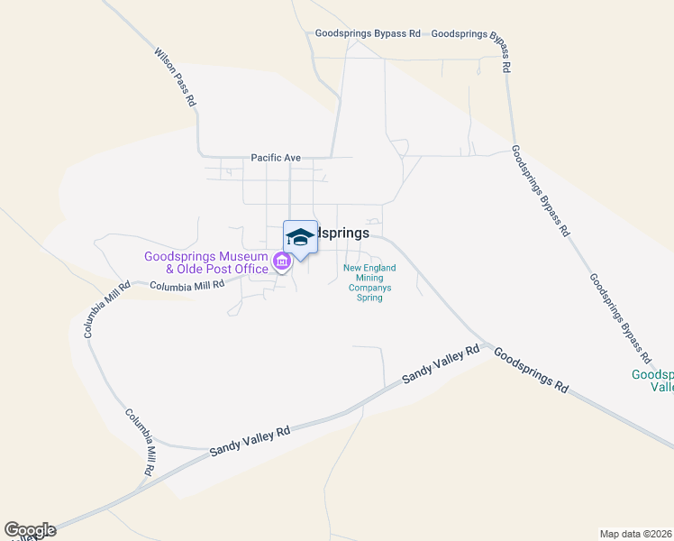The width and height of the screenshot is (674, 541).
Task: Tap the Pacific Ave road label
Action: pos(276,158)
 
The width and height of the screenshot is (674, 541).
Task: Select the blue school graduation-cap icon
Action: pos(300,237)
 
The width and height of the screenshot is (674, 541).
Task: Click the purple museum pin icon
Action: pos(281,262)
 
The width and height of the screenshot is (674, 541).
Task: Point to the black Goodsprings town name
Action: pos(342,233)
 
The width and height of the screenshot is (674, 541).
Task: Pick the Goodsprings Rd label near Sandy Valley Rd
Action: pos(532,371)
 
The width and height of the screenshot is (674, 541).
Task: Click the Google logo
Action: pos(30,530)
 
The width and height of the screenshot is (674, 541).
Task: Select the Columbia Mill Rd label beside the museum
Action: pos(187,286)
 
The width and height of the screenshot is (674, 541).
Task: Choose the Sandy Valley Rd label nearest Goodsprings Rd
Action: pos(441,364)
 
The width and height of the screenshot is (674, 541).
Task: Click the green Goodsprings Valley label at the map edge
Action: pos(651,381)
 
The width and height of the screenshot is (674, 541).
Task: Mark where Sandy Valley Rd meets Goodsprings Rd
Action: pos(487,344)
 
